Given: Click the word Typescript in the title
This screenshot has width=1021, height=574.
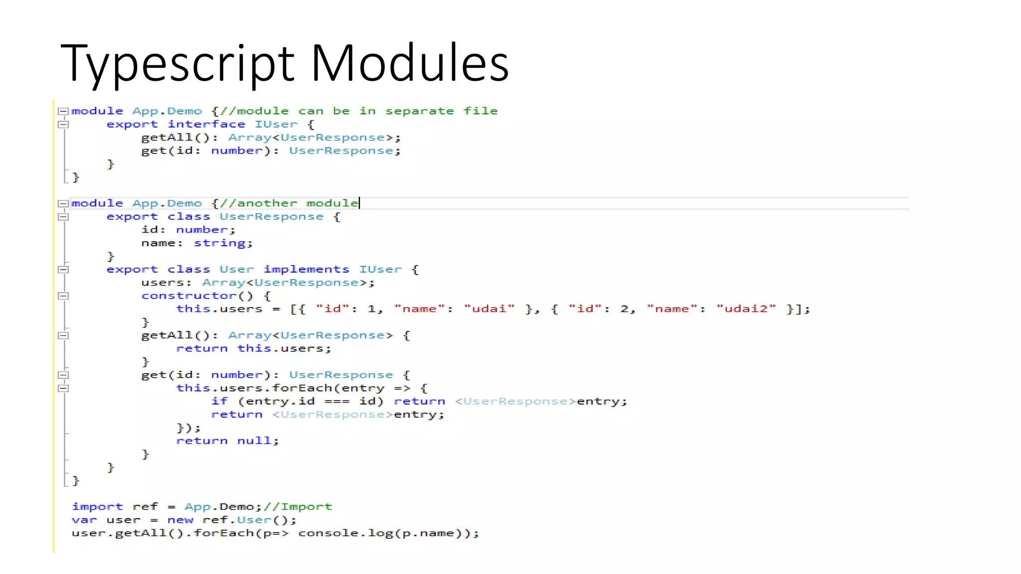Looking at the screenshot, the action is (x=177, y=64).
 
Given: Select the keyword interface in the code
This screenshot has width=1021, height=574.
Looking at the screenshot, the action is (x=206, y=124).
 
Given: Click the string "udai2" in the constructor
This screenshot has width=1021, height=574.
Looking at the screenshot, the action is (x=746, y=309).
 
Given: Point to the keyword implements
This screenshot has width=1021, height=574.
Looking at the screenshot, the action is (x=306, y=270).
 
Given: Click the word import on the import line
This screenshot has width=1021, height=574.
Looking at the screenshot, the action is (x=97, y=507).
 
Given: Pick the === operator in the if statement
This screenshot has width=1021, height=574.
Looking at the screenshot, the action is (x=337, y=402).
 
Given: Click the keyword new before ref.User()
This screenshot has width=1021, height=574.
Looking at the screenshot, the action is (x=180, y=520).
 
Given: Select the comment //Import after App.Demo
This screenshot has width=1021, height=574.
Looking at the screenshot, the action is (x=298, y=507).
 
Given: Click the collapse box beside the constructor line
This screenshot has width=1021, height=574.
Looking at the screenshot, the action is (x=63, y=296).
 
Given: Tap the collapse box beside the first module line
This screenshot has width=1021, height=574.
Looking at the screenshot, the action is (x=63, y=111).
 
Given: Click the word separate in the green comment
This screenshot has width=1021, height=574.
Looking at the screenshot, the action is (x=419, y=111).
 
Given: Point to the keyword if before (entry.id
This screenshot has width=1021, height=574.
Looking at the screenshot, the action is (x=219, y=402).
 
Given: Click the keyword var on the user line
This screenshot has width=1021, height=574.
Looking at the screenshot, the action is (x=84, y=520).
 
